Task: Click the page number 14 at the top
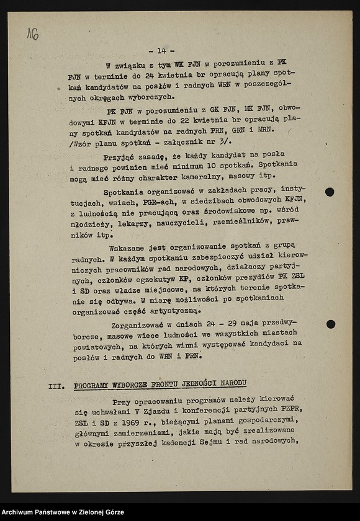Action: pos(161,51)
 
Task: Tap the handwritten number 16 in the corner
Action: pos(32,34)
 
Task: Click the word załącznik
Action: pos(190,142)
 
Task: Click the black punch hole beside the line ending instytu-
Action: pos(330,192)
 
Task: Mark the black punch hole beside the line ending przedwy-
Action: pos(330,324)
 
